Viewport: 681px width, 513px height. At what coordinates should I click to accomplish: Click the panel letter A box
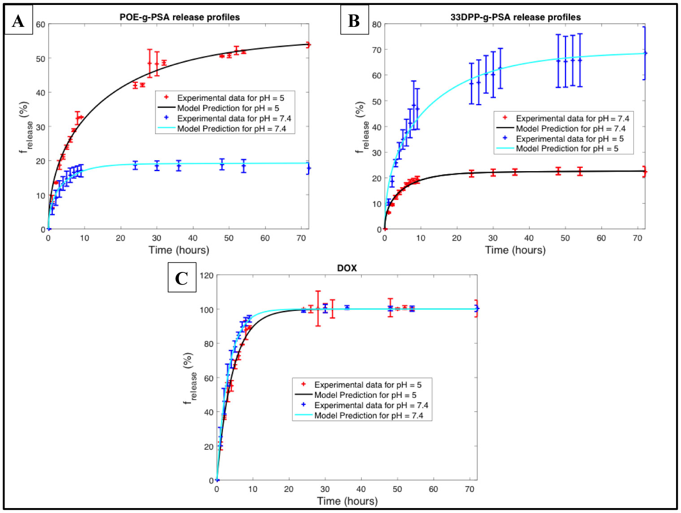(18, 21)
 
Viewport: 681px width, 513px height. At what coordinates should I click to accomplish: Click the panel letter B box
(354, 21)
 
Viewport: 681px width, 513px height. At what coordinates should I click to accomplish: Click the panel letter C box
(182, 278)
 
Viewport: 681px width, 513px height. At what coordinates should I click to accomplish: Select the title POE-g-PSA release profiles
(179, 17)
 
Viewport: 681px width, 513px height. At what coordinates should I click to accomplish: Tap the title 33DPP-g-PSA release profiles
(516, 17)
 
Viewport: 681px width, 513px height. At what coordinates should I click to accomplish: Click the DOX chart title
(347, 268)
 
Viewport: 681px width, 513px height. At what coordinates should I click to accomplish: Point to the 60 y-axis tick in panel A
(41, 24)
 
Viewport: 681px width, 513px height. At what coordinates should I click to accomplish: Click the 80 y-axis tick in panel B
(377, 24)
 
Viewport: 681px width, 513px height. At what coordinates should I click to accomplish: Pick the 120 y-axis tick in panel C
(207, 275)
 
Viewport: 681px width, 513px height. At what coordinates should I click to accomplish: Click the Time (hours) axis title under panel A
(179, 250)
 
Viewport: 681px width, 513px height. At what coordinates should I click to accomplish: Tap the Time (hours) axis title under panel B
(515, 250)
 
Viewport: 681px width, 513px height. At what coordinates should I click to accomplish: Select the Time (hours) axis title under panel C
(347, 501)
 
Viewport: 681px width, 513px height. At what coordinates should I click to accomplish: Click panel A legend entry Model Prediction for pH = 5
(228, 108)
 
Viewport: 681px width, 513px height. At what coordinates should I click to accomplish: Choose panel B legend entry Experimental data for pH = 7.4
(572, 118)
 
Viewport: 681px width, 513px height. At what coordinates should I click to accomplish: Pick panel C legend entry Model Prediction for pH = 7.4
(369, 415)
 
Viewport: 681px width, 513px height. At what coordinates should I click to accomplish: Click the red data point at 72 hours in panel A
(308, 45)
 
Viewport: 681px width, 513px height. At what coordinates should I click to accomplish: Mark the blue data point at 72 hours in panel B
(645, 53)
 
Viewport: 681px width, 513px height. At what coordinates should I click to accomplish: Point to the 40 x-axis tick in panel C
(361, 489)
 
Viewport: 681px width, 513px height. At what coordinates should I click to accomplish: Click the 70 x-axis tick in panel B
(638, 238)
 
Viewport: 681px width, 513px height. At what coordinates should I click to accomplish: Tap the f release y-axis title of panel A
(26, 127)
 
